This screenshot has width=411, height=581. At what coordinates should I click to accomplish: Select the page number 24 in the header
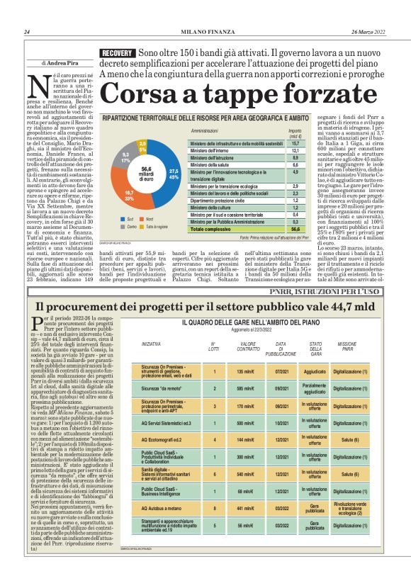pos(26,32)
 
